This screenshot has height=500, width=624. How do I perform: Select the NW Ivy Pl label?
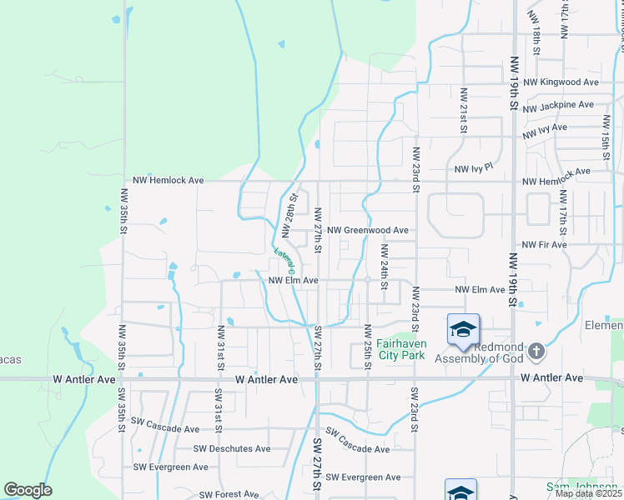[x=475, y=168]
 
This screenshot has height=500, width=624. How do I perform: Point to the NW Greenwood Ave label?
[x=368, y=230]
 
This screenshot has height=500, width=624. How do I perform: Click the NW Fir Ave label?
[x=544, y=245]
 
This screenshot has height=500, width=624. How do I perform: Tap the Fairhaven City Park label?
[x=401, y=348]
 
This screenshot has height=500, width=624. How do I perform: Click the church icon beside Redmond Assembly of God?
[x=536, y=352]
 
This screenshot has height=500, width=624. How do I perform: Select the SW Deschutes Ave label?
[x=232, y=448]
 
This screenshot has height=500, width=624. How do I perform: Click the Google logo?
[x=28, y=490]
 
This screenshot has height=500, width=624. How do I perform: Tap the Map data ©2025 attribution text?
[x=589, y=493]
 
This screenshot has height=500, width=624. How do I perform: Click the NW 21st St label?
[x=463, y=111]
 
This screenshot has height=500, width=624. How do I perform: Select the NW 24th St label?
[x=385, y=267]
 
